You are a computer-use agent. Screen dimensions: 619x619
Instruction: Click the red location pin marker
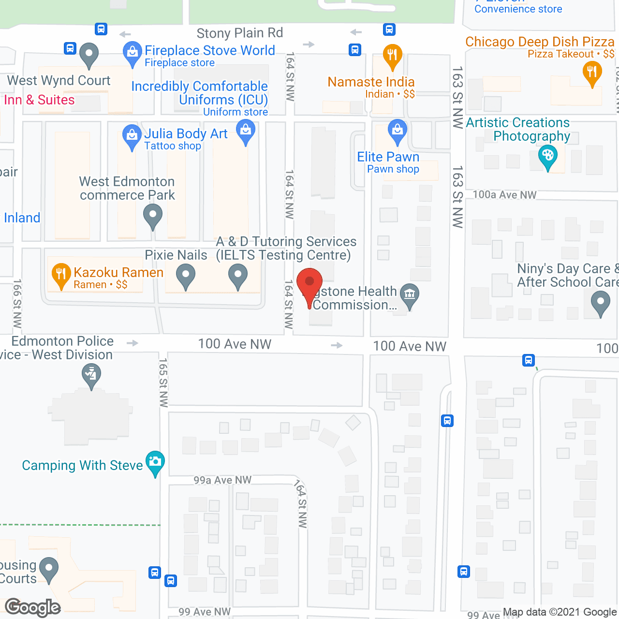309,283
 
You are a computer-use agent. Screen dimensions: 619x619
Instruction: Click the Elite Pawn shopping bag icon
398,131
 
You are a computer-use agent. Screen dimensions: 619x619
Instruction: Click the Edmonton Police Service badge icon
91,374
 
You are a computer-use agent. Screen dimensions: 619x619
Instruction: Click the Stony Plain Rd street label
239,33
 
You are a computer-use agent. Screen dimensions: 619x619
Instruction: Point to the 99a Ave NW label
222,480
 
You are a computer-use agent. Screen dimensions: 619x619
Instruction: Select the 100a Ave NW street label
504,194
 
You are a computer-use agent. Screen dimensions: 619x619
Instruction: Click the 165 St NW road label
163,382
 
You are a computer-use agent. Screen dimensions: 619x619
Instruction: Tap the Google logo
33,607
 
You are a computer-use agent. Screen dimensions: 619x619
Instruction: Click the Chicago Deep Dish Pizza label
540,42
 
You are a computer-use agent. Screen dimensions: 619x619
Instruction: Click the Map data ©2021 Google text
560,612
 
